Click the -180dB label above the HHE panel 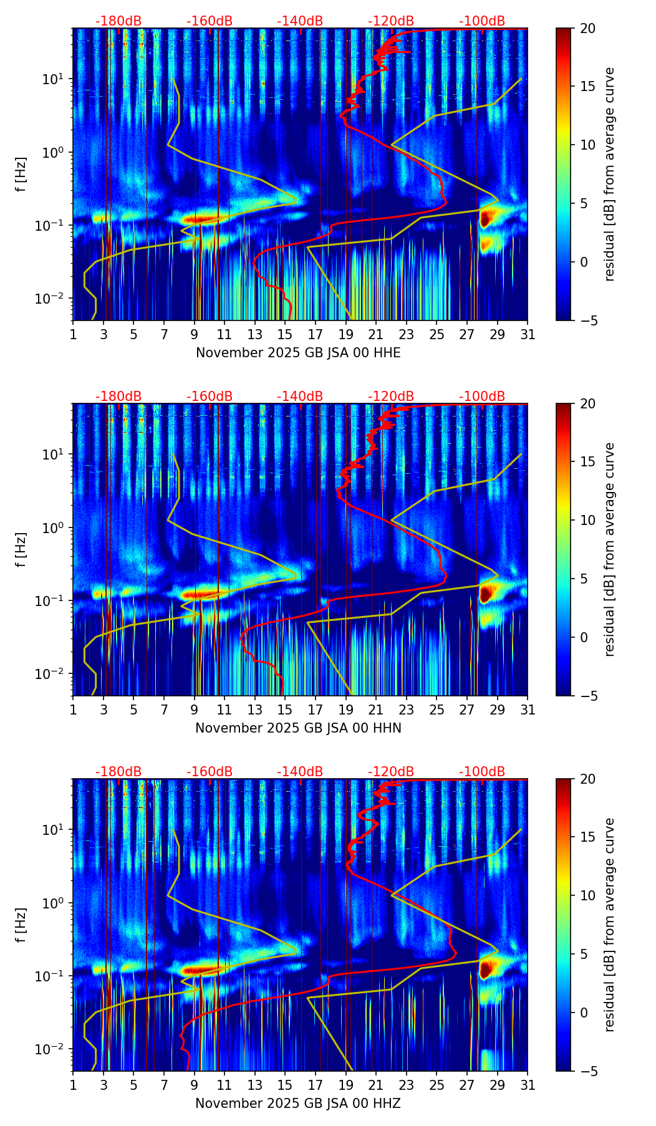pyautogui.click(x=118, y=21)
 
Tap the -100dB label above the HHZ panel pyautogui.click(x=482, y=772)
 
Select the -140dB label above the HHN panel pyautogui.click(x=300, y=397)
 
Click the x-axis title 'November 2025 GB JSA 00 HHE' pyautogui.click(x=298, y=353)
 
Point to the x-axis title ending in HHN pyautogui.click(x=298, y=728)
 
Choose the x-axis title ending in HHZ pyautogui.click(x=298, y=1104)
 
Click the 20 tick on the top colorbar pyautogui.click(x=587, y=29)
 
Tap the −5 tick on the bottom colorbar pyautogui.click(x=587, y=1071)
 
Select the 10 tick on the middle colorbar pyautogui.click(x=587, y=520)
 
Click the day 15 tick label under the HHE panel pyautogui.click(x=285, y=334)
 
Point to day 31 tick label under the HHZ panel pyautogui.click(x=528, y=1085)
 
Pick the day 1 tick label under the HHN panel pyautogui.click(x=74, y=710)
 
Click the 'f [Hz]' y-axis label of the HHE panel pyautogui.click(x=21, y=175)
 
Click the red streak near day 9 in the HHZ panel pyautogui.click(x=198, y=970)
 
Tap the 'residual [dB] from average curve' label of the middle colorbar pyautogui.click(x=610, y=549)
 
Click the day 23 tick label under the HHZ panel pyautogui.click(x=407, y=1085)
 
